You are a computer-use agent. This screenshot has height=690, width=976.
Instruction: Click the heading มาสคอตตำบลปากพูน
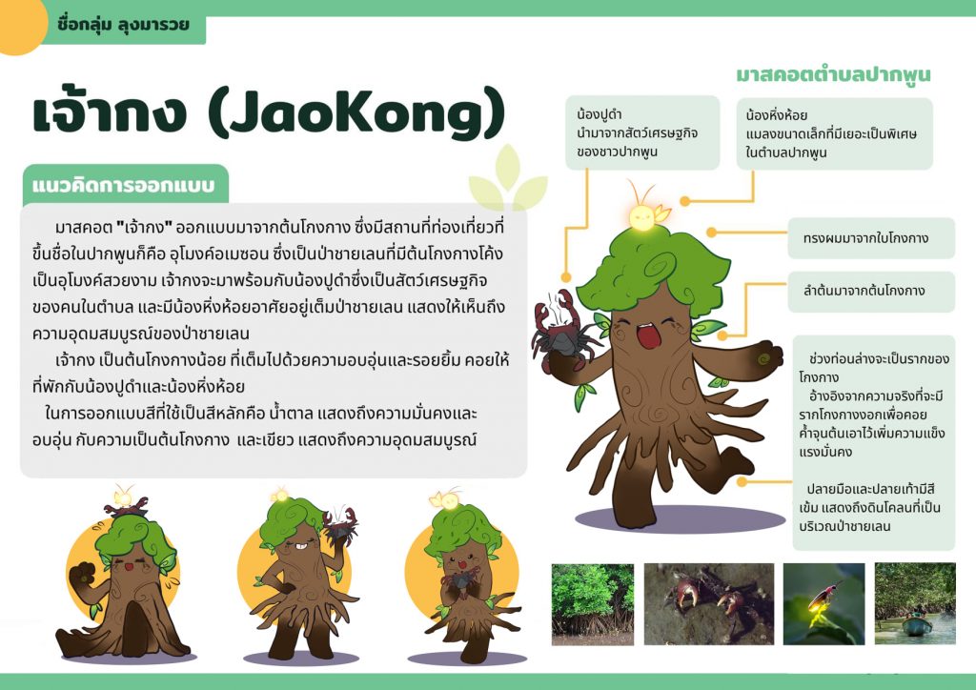tap(833, 74)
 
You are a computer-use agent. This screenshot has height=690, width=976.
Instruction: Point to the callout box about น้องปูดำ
tap(641, 132)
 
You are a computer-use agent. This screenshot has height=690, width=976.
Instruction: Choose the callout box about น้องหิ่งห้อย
tap(834, 133)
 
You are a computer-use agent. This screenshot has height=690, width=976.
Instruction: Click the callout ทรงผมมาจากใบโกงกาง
tap(870, 238)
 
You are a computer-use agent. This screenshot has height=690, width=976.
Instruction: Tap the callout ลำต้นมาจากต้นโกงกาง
tap(870, 291)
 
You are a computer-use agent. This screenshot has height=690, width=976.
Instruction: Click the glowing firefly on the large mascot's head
tap(641, 214)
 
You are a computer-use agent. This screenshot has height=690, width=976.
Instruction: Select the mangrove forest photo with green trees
tap(592, 604)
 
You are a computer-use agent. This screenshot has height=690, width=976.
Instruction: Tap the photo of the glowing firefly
tap(823, 604)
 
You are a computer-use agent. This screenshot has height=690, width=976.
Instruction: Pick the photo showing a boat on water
tap(915, 604)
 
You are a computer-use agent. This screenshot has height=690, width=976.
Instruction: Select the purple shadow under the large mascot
tap(667, 519)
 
